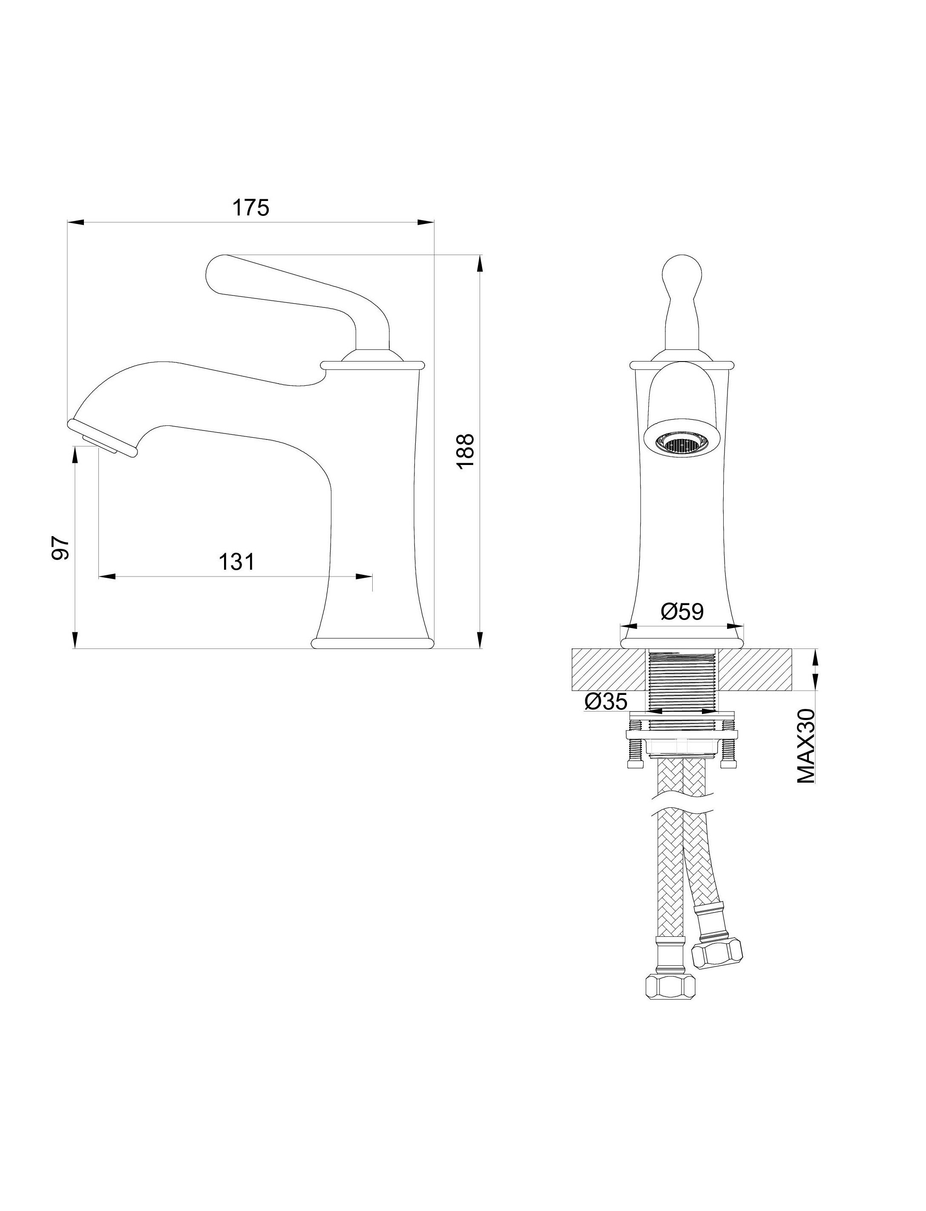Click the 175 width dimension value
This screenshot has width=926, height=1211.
251,208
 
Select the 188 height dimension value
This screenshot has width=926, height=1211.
465,451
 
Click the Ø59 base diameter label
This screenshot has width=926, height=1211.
682,611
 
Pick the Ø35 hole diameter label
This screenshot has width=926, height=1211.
606,701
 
